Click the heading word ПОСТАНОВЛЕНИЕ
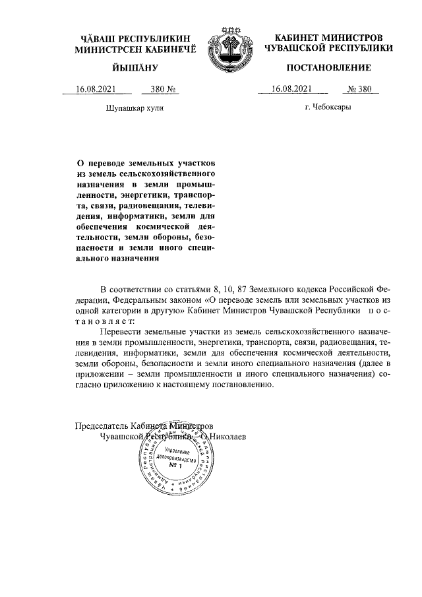click(x=328, y=68)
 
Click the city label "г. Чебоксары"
click(x=328, y=107)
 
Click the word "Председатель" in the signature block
click(x=102, y=425)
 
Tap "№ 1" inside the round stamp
click(x=175, y=466)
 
